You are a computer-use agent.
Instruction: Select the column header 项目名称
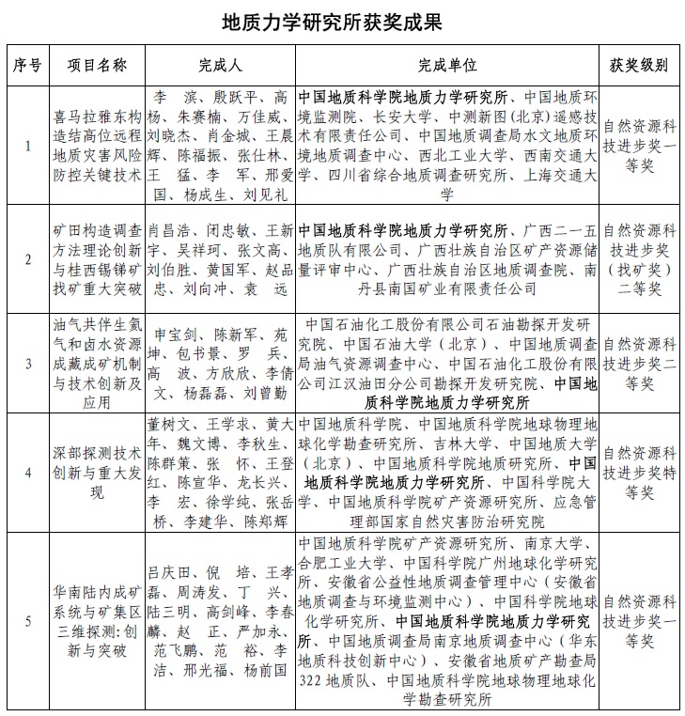97,65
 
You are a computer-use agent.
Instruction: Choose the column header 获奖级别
638,65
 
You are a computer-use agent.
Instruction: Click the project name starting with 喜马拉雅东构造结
97,147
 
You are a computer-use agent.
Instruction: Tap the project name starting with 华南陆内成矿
97,620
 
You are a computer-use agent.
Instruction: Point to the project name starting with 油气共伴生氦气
97,362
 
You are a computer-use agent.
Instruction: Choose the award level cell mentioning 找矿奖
638,259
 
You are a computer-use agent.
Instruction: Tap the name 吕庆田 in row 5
170,571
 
